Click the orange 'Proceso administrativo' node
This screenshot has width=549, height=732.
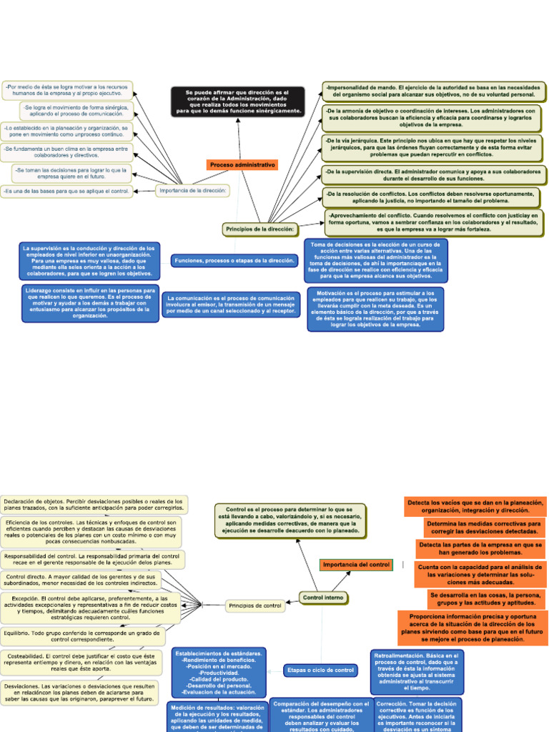coord(243,164)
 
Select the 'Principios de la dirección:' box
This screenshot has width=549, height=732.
coord(260,229)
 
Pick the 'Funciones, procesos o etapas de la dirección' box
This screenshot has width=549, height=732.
coord(234,261)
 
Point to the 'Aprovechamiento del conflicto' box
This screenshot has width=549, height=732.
coord(434,222)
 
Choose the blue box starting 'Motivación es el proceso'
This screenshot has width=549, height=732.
coord(375,309)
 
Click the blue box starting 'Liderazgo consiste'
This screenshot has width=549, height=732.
coord(90,302)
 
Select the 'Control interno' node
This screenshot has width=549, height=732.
coord(323,597)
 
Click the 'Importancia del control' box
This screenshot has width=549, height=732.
coord(356,565)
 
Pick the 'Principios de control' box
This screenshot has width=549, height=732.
coord(255,606)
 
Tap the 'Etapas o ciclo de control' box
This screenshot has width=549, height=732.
coord(320,670)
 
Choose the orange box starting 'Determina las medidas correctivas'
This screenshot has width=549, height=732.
coord(484,528)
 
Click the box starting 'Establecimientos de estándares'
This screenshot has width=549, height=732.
coord(218,672)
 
